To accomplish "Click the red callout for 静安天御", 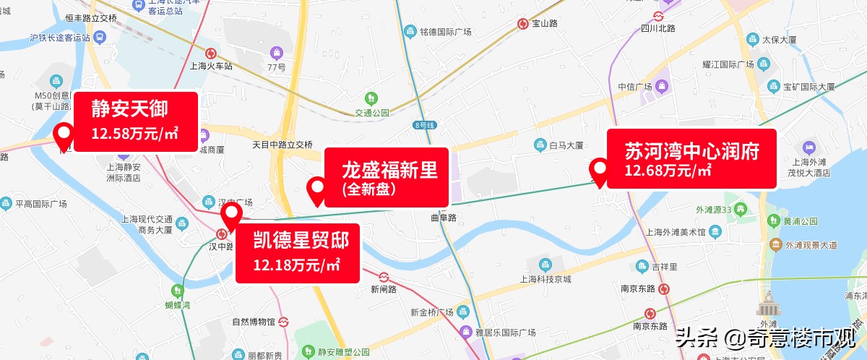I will [136, 121].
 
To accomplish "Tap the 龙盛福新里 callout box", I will [387, 177].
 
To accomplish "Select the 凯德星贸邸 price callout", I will [298, 252].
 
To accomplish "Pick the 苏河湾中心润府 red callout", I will [691, 158].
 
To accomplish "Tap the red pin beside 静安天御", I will [64, 135].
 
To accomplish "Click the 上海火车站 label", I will [210, 65].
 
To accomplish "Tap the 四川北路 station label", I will [657, 28].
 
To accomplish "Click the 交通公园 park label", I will [371, 112].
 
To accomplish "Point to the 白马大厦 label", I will [566, 145].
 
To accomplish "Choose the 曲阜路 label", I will [444, 217].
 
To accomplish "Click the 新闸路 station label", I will [384, 289].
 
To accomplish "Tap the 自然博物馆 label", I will [254, 321].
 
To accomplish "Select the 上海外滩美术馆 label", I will [675, 232].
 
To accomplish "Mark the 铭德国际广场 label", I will [446, 32].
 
